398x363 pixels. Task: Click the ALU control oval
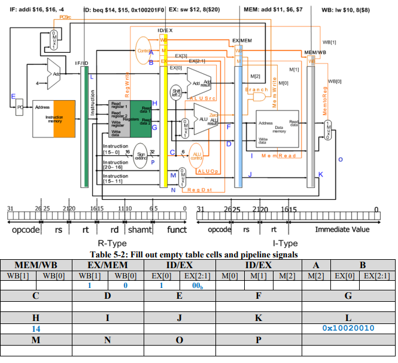[198, 156]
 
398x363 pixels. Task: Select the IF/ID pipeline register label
[82, 63]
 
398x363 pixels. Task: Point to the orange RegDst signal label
[196, 190]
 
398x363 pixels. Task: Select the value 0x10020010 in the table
[348, 328]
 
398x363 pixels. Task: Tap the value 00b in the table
[196, 286]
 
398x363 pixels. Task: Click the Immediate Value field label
[342, 229]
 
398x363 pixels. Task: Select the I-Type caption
[285, 243]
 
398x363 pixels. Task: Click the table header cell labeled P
[258, 340]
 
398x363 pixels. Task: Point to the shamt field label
[141, 229]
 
